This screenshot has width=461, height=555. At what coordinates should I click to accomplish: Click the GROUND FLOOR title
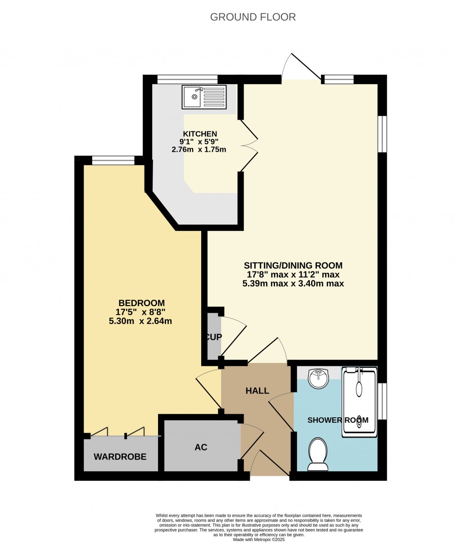pos(253,17)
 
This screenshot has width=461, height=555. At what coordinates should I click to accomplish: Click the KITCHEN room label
pos(200,134)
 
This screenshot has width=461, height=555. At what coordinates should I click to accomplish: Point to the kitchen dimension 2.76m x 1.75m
pos(199,149)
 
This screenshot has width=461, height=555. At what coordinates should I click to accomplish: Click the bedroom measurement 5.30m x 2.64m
pos(140,321)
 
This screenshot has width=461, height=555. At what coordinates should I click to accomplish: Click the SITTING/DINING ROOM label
pos(293,266)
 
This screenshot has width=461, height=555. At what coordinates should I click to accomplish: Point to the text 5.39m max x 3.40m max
pos(293,284)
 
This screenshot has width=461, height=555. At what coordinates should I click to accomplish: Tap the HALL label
pos(258,391)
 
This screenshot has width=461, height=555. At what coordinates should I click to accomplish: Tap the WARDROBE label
pos(120,457)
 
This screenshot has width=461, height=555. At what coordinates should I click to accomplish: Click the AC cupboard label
pos(201,447)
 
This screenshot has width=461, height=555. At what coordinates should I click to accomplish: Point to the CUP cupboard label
pos(214,337)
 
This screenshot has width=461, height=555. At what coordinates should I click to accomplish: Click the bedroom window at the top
pos(113,160)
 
